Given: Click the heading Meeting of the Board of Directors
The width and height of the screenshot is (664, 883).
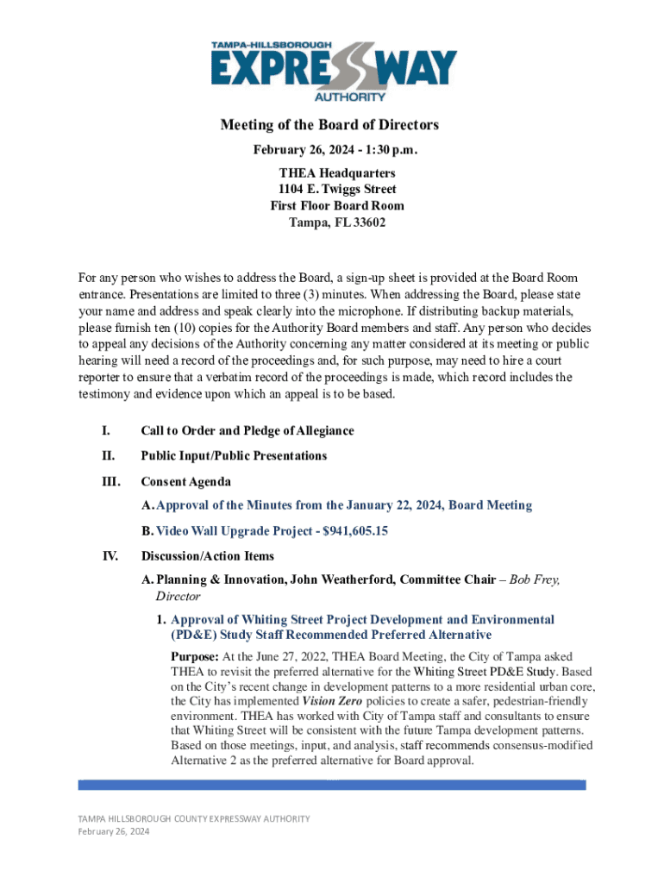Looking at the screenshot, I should (x=329, y=125).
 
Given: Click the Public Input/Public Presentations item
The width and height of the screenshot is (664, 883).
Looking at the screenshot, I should (x=234, y=455).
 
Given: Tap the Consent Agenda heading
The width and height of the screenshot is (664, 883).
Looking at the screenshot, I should (x=185, y=481).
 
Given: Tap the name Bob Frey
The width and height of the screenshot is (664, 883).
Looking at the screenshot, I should (x=534, y=579).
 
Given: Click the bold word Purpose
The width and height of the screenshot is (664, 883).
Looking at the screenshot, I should (x=189, y=657).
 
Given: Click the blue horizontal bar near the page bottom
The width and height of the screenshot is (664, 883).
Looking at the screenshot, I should (x=332, y=786).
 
